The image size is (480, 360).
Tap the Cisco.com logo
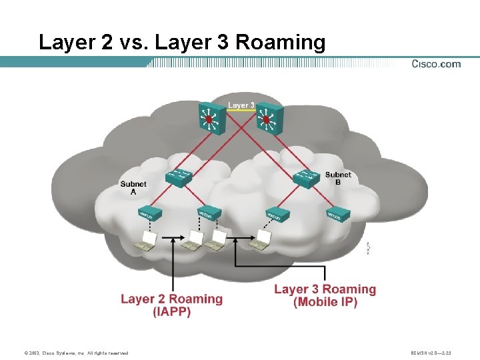[x=435, y=64]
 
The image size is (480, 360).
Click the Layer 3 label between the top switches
[x=241, y=105]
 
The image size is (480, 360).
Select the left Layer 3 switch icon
[x=209, y=118]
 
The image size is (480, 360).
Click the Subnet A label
[x=133, y=187]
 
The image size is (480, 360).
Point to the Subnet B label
[x=338, y=179]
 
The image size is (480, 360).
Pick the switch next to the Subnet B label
[x=307, y=177]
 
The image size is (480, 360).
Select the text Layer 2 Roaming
[x=172, y=299]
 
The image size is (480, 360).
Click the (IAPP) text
[x=172, y=311]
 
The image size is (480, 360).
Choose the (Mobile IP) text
[x=325, y=302]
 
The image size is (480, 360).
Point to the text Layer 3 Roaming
[x=325, y=289]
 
